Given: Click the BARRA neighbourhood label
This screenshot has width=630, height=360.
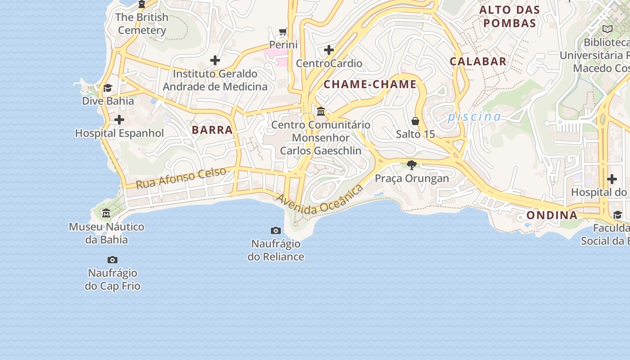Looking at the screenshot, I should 212,130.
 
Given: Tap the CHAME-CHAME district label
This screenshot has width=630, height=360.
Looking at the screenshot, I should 370,84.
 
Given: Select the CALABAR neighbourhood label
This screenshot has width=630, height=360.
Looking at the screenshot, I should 478,61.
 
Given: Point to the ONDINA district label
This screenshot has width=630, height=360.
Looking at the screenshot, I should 552,215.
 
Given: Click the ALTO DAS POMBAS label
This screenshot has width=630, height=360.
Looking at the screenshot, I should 509,16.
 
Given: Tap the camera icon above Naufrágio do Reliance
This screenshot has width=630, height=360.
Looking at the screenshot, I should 276,231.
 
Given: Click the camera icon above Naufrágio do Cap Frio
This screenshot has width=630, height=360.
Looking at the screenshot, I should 112,260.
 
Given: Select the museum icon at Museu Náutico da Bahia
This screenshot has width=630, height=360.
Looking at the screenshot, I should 106,213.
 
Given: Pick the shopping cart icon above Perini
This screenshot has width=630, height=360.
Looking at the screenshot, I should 283,31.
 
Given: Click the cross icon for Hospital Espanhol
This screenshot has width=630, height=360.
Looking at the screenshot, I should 119,120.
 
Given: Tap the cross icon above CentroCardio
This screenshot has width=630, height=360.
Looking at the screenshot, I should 329,49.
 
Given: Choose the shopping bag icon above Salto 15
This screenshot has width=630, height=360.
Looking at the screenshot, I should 415,121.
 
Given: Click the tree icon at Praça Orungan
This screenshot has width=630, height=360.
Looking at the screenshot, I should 411,165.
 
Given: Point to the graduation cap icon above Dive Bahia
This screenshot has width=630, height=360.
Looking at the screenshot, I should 108,88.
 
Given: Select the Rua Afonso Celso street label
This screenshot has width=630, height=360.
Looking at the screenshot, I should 181,178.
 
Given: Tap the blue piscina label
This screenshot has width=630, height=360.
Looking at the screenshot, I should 474,117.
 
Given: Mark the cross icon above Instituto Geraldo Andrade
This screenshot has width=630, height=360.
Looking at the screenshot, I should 215,60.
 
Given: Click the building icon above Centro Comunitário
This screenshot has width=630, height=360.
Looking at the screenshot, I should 321,111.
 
